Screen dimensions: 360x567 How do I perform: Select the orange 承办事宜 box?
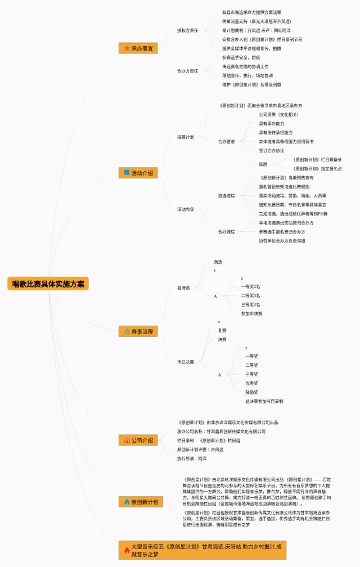pos(138,49)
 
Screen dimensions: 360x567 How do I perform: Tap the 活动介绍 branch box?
pos(138,173)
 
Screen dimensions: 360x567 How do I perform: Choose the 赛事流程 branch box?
pos(138,331)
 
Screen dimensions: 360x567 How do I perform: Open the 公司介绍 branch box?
pos(138,440)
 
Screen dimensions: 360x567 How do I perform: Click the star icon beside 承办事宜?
pos(127,49)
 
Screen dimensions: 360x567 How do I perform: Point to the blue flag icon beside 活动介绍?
pos(127,173)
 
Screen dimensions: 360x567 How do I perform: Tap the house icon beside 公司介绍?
pos(127,440)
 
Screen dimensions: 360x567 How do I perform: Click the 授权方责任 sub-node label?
pos(187,30)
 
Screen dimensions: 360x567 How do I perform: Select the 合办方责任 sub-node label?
pos(187,71)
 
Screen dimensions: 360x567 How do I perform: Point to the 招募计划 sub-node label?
pos(185,137)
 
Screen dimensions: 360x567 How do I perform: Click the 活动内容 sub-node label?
pos(185,209)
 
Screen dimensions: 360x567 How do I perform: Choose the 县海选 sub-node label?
pos(183,288)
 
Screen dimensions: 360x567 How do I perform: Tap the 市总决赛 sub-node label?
pos(185,362)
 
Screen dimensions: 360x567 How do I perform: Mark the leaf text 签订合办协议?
pos(271,151)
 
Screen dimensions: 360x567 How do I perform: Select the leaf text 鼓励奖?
pos(251,393)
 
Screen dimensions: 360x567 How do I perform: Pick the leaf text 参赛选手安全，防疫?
pos(241,57)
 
